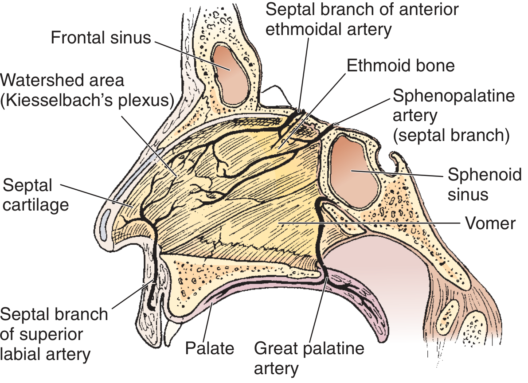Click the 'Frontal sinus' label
[101, 37]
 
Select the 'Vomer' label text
[490, 223]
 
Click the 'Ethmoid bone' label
[401, 65]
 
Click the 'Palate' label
[209, 348]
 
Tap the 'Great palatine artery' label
[309, 358]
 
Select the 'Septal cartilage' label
[35, 195]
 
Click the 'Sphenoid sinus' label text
[484, 184]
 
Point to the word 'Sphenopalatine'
[454, 96]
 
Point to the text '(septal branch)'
[451, 135]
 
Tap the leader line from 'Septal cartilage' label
[97, 195]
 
